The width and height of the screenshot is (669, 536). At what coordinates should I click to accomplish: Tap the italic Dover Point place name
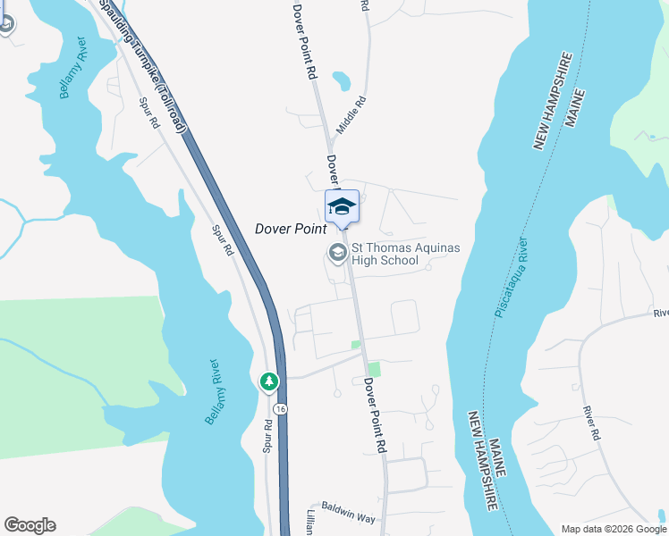pos(291,229)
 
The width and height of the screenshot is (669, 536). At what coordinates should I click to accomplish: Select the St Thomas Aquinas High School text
pos(385,255)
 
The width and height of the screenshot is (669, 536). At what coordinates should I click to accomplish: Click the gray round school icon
pos(337,253)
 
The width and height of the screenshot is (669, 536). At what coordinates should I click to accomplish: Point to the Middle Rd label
pos(351,116)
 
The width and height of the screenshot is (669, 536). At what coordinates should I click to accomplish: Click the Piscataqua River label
pos(512,277)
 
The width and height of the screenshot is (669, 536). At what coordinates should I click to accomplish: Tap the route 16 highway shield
pos(281,408)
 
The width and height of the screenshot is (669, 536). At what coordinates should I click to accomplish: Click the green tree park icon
pos(268,382)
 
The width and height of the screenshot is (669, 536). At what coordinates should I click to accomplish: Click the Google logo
pos(30,525)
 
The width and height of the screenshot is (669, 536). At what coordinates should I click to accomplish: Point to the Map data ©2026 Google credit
pos(614,529)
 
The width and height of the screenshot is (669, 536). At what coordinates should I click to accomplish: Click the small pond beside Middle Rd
pos(341,82)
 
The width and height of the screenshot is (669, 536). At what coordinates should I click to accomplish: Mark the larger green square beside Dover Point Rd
pos(374,368)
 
